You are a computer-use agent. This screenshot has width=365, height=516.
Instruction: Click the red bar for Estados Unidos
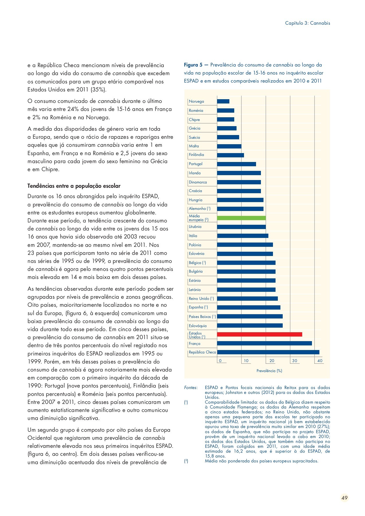[259, 334]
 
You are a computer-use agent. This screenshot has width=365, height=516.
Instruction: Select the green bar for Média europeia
[241, 218]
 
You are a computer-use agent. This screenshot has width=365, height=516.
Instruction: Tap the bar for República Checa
[268, 352]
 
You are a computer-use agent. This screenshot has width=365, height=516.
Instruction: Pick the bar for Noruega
[223, 101]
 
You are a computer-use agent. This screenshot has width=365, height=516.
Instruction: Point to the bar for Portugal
[237, 164]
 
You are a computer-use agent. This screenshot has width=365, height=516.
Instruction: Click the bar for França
[264, 343]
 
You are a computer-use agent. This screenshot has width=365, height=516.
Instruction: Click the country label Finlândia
[196, 155]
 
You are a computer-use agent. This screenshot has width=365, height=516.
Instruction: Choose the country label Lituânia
[195, 227]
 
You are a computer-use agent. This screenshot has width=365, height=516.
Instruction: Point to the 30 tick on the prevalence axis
[295, 361]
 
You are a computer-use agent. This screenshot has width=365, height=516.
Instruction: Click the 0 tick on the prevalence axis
[220, 361]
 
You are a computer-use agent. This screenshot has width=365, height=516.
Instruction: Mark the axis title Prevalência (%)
[269, 371]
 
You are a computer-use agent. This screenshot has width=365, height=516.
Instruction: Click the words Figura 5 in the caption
[193, 65]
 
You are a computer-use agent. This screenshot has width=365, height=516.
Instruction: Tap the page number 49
[344, 498]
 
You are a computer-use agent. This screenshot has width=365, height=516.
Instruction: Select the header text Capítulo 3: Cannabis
[307, 23]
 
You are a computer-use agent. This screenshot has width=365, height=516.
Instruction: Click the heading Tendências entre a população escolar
[74, 186]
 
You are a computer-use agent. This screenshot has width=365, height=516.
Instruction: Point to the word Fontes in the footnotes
[190, 388]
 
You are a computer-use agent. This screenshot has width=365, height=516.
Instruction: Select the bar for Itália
[243, 236]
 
